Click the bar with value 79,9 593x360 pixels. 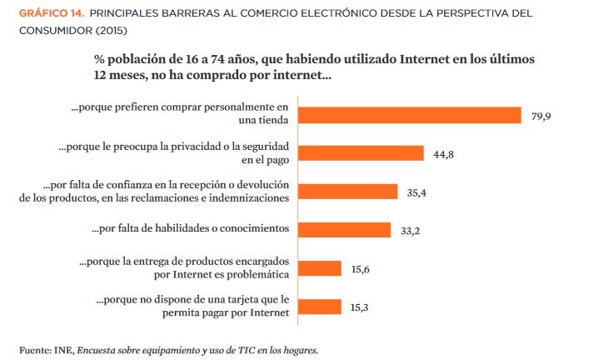click(409, 115)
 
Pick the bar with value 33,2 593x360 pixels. click(344, 230)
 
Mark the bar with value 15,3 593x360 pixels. click(319, 307)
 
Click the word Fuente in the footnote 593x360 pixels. click(34, 349)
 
